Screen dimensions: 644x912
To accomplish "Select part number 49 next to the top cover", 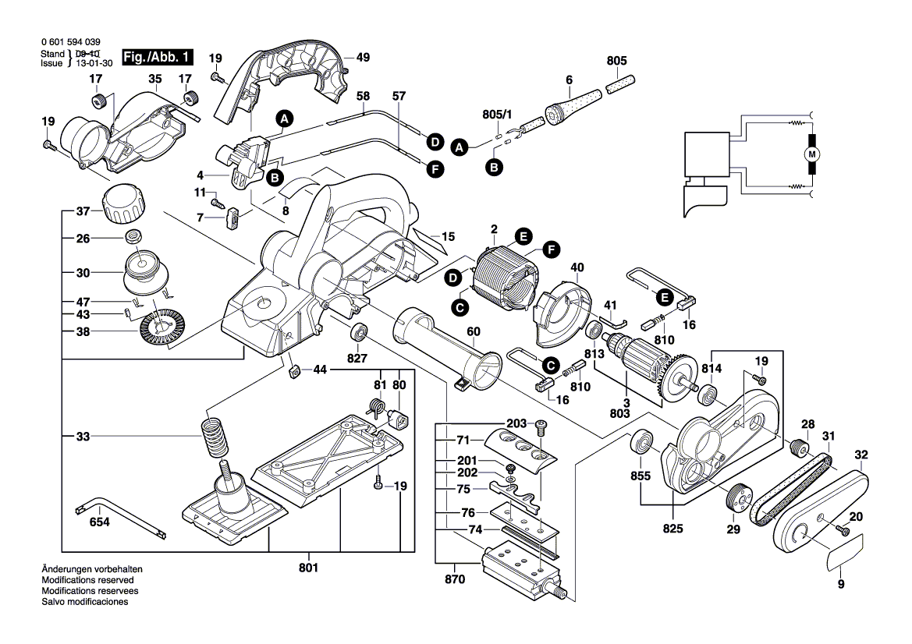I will pos(363,57).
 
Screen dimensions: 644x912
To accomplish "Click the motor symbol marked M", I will pos(811,154).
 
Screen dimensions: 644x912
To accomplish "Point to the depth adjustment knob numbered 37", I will pos(123,205).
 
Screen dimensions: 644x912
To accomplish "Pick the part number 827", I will pos(357,359).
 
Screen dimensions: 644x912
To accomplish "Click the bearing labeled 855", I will pos(644,442).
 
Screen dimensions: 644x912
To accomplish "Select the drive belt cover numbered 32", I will pos(819,515).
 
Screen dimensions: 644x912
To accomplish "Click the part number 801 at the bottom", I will pos(309,568).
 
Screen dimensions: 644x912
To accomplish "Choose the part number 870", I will pos(454,579).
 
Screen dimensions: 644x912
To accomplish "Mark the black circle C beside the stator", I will pos(460,309).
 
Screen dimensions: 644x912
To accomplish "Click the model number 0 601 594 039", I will pos(69,41).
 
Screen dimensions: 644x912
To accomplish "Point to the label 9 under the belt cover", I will pos(841,584).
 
